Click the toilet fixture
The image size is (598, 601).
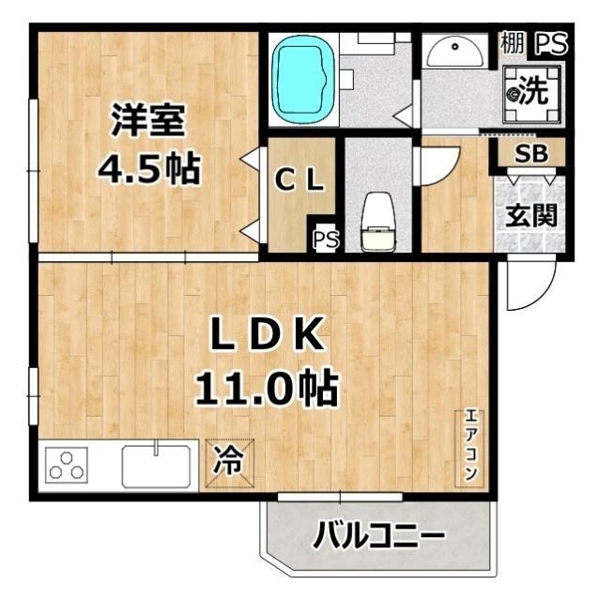coord(379,224)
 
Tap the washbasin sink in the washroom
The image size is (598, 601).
coord(454,52)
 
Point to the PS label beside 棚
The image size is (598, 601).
coord(550,43)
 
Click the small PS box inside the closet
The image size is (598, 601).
coord(325,239)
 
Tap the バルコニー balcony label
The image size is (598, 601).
coord(377,538)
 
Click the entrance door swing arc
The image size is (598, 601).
coord(526,286)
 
